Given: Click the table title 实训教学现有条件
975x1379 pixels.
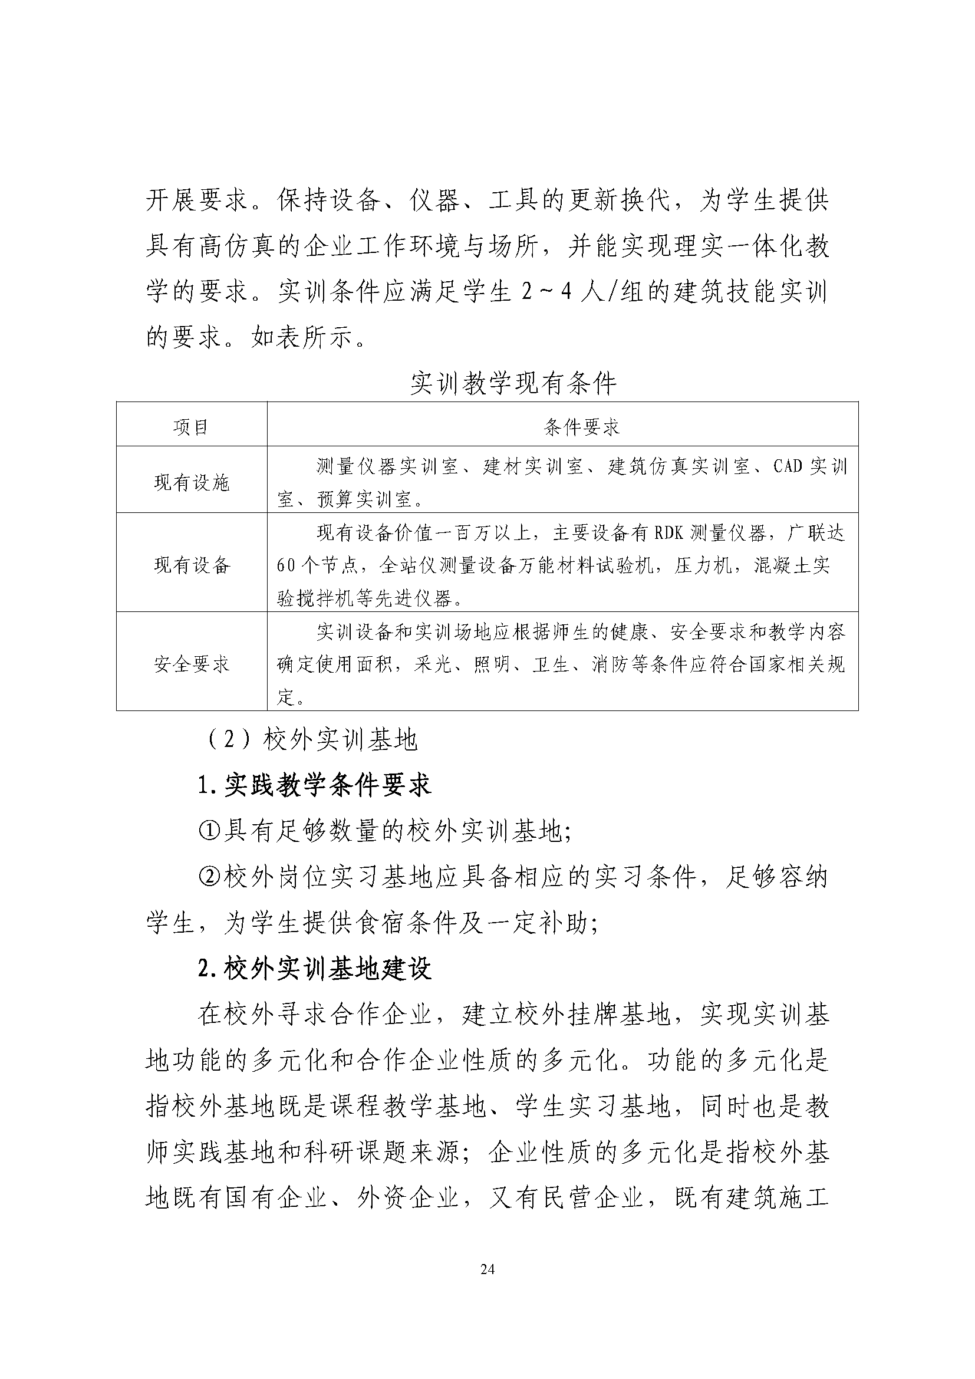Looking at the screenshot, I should [x=513, y=384].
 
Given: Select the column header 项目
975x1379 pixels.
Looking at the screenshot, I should [x=191, y=427].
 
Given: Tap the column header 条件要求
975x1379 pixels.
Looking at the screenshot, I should [x=581, y=427].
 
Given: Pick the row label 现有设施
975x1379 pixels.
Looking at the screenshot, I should [x=192, y=482].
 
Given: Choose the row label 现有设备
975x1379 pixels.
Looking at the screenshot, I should [x=192, y=565].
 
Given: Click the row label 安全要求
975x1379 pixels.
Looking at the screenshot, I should [x=192, y=664].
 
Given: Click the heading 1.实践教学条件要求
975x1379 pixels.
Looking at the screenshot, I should [x=315, y=785].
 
